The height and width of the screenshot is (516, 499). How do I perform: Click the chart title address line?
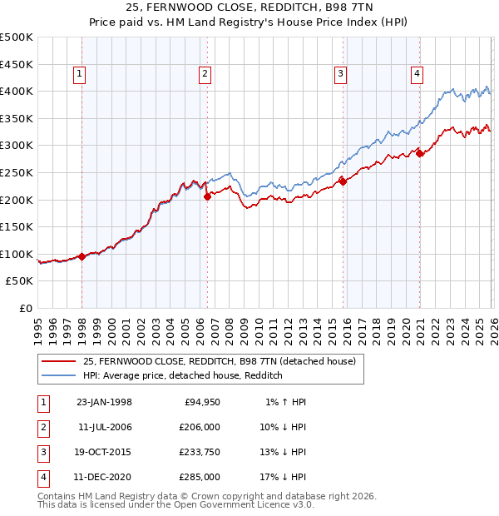(x=249, y=10)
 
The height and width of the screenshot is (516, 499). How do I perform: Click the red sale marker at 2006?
(x=207, y=196)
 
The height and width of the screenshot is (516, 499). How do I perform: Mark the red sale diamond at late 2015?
(x=343, y=181)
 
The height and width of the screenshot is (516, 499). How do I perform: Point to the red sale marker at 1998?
(x=82, y=256)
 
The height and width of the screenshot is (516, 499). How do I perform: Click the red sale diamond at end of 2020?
(x=420, y=153)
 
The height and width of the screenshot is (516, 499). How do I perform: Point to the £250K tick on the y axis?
(x=17, y=172)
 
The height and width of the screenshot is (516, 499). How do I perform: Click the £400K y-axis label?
(x=17, y=91)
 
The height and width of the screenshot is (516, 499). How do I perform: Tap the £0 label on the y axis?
(x=25, y=308)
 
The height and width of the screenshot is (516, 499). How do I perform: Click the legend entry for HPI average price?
(x=183, y=375)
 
